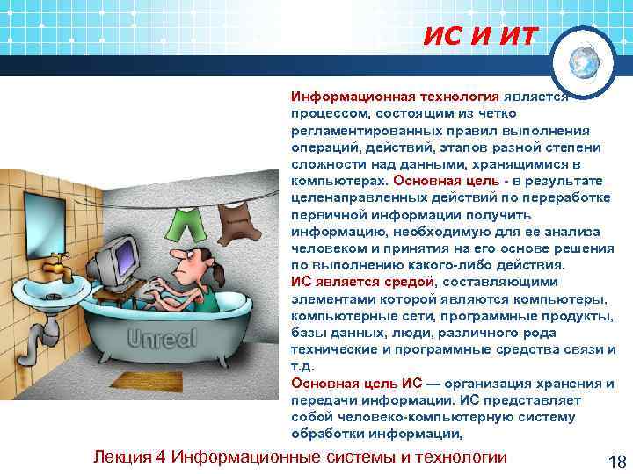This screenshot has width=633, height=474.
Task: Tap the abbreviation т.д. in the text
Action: coord(301,368)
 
